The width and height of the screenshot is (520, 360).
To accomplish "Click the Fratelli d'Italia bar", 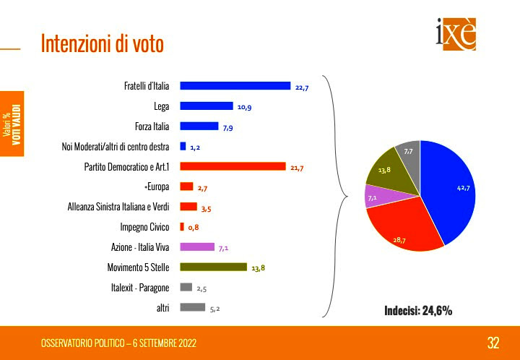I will [235, 86].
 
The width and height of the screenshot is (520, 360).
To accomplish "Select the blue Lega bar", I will [206, 106].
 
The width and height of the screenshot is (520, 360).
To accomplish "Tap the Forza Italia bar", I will [199, 126].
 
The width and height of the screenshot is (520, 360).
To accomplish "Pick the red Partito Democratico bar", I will [233, 166].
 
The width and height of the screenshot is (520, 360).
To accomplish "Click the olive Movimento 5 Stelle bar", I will [213, 267].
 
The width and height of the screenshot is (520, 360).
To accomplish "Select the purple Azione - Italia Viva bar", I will [196, 247].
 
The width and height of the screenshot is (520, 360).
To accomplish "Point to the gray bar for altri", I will [192, 307].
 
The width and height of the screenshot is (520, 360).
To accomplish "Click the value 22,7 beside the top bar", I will [302, 87].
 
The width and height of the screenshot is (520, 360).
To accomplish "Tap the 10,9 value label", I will [244, 107].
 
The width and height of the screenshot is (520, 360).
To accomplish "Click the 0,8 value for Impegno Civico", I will [193, 228].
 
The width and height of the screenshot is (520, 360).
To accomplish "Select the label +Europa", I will [157, 187].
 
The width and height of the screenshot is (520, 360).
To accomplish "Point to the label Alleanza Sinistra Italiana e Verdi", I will [118, 207].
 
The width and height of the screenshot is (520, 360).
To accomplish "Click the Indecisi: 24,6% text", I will [418, 311].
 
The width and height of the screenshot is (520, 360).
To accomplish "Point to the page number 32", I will [493, 342].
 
